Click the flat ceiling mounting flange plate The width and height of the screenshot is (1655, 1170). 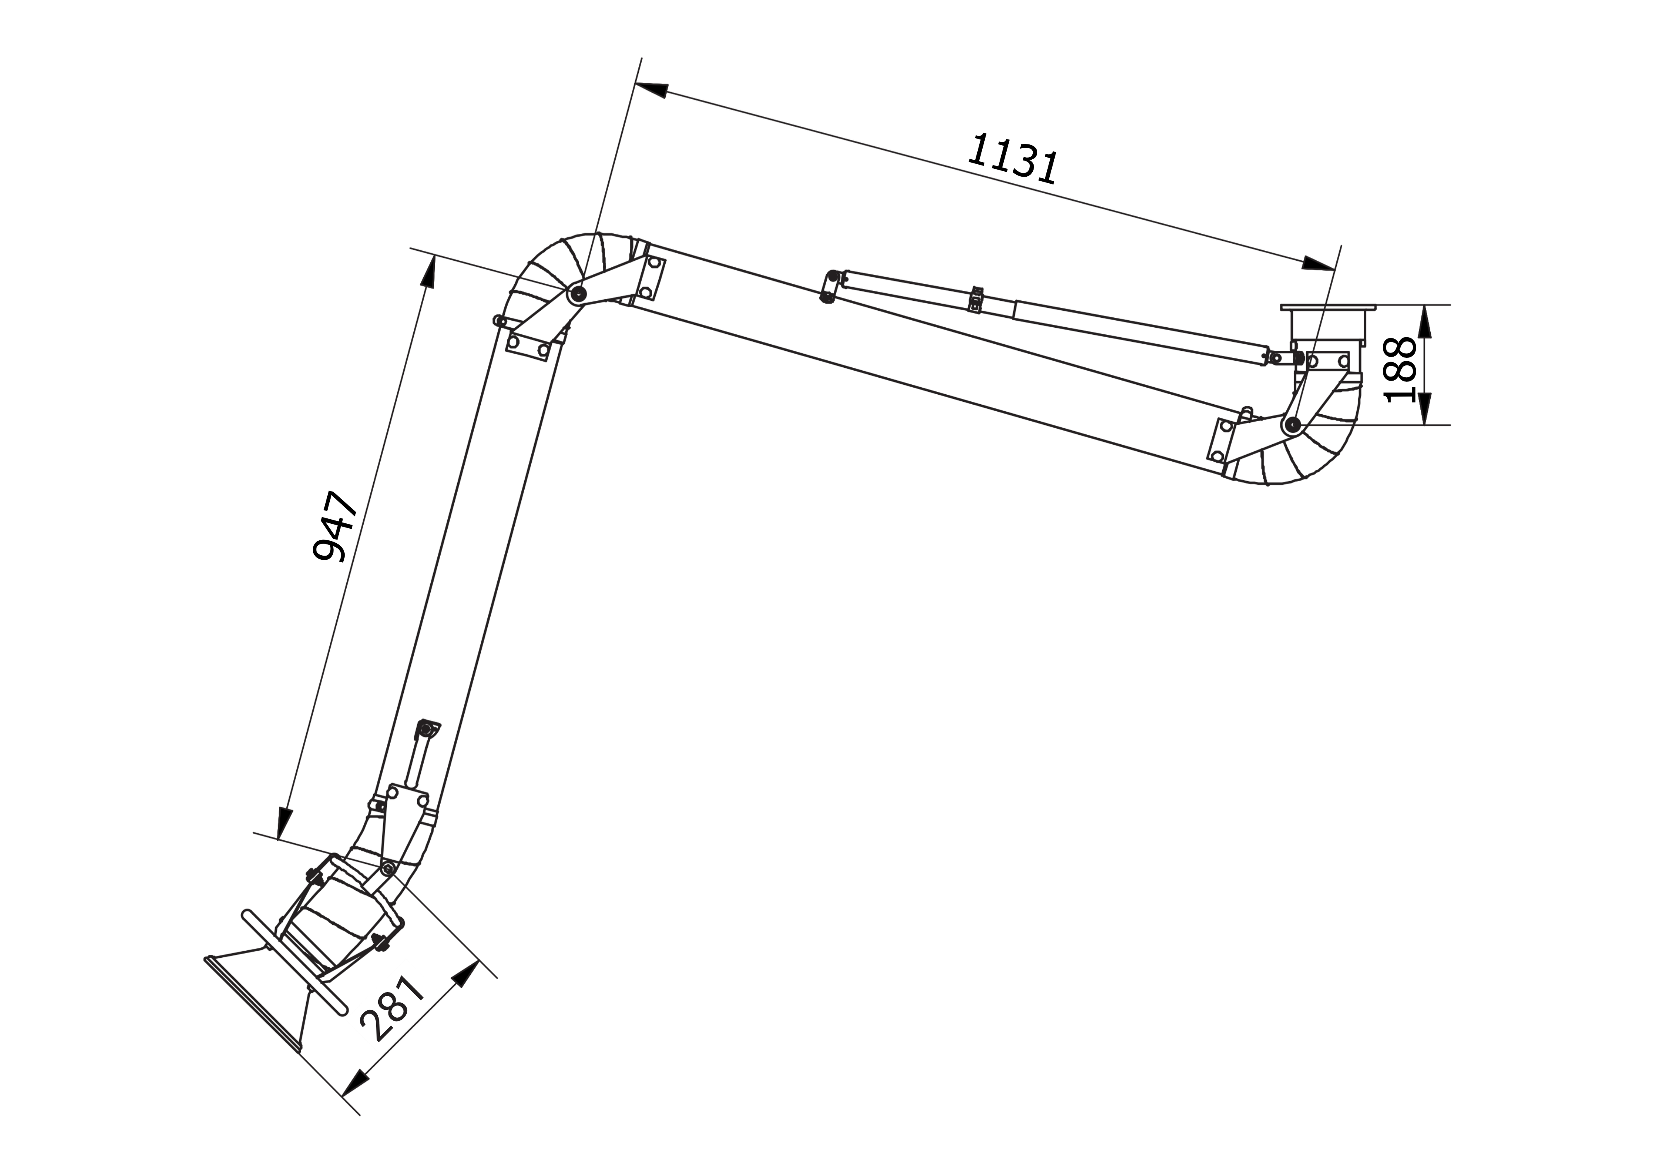pyautogui.click(x=1328, y=308)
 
